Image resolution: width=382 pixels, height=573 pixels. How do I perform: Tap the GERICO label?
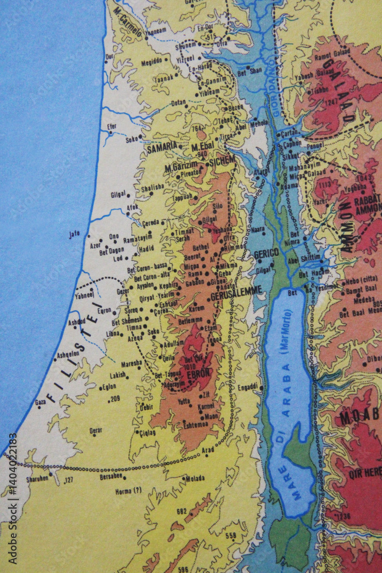266,253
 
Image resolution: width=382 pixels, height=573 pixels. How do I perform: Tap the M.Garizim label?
181,166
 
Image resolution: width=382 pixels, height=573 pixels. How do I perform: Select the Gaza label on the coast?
40,402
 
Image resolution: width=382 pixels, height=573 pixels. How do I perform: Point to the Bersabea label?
112,476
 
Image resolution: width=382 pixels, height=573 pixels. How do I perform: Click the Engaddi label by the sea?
248,387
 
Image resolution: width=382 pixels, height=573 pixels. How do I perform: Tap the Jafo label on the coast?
74,234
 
